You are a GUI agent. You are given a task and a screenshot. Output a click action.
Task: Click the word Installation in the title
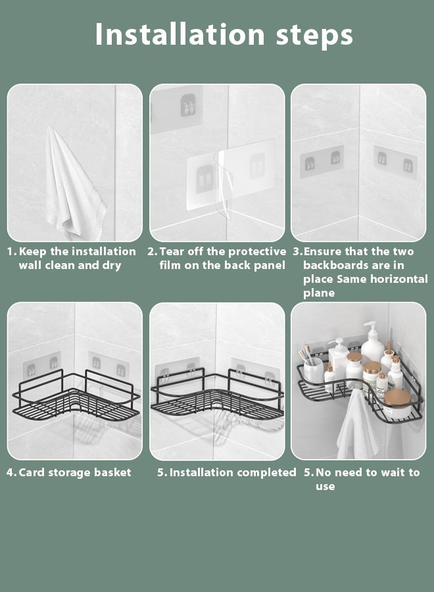click(x=180, y=34)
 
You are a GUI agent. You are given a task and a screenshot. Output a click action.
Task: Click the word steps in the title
click(x=314, y=36)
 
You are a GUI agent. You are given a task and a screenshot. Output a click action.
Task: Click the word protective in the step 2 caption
click(x=257, y=251)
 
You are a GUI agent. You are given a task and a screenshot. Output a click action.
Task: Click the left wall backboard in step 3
click(x=322, y=161)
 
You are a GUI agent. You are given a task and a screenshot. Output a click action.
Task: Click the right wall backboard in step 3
click(x=395, y=162)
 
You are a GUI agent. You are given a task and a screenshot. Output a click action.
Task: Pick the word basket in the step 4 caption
click(x=112, y=472)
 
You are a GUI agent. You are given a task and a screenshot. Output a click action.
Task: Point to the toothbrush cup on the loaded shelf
click(x=314, y=370)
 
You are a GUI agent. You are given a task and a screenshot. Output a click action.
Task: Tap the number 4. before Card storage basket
click(x=11, y=472)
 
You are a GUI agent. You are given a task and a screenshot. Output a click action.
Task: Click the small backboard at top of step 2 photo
click(x=178, y=109)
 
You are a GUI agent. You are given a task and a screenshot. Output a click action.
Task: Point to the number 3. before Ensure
click(x=298, y=251)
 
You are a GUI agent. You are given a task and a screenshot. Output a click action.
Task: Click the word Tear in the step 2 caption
click(x=172, y=251)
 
